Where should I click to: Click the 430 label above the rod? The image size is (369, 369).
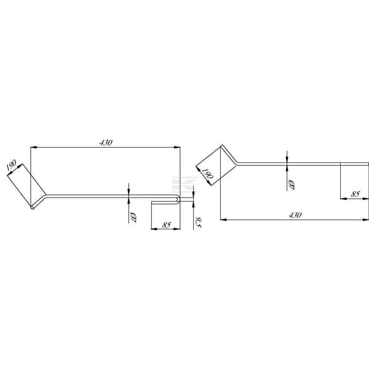[106, 143]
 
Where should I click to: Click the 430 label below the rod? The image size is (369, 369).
[295, 215]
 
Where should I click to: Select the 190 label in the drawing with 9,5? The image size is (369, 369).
[11, 165]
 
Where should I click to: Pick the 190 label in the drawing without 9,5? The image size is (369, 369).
[208, 173]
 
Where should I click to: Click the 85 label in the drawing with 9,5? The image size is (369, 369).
[166, 225]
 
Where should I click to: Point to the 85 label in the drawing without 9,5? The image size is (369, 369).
[355, 194]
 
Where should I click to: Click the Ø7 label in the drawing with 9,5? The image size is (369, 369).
[132, 218]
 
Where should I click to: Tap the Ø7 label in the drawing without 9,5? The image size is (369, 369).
[291, 184]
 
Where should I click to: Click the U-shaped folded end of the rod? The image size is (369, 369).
[178, 199]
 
